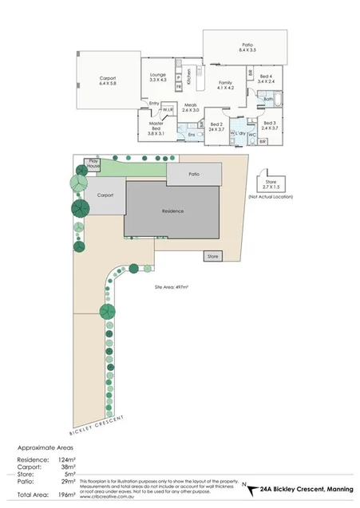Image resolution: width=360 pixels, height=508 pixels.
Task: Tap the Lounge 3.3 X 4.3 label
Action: tap(156, 78)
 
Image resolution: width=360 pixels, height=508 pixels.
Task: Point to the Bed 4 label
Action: tap(266, 78)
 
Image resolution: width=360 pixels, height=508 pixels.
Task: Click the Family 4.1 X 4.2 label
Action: tap(226, 85)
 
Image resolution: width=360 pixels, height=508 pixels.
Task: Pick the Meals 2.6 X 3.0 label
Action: tap(190, 107)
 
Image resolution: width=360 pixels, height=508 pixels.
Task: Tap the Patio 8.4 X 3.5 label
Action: tap(247, 47)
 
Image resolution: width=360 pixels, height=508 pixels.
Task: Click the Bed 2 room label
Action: tap(216, 126)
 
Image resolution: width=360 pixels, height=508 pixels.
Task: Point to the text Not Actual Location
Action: tap(270, 195)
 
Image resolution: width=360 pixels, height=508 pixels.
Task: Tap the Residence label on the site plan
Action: tap(172, 211)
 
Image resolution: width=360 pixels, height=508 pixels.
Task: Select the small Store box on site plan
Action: tap(212, 257)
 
